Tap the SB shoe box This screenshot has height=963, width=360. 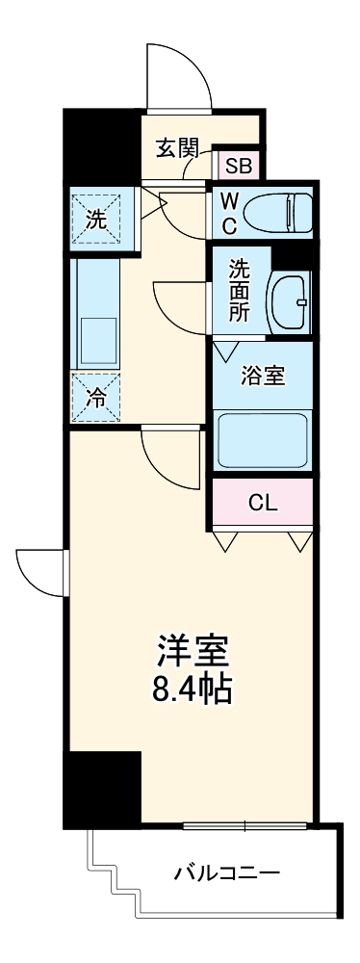click(238, 165)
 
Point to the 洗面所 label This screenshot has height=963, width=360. click(239, 290)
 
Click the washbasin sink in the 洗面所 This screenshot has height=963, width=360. click(290, 302)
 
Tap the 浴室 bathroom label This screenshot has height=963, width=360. click(262, 375)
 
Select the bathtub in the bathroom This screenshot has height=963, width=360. click(263, 438)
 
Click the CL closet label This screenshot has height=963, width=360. click(262, 503)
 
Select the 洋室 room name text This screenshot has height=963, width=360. click(193, 652)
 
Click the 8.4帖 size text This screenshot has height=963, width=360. click(193, 690)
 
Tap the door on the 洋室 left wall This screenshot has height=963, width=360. click(40, 574)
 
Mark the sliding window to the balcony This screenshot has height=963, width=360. click(244, 825)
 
